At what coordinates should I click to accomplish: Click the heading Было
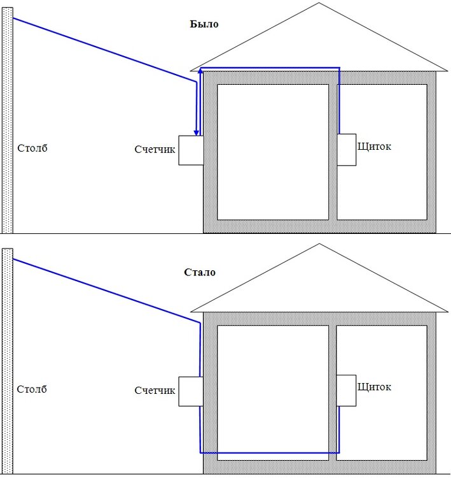click(x=204, y=24)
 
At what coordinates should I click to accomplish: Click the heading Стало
click(x=200, y=272)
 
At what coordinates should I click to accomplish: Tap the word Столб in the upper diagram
click(x=32, y=148)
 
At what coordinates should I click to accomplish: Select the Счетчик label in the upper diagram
click(x=155, y=149)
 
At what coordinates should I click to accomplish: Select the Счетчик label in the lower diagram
click(x=155, y=390)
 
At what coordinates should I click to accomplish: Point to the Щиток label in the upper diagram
click(x=375, y=147)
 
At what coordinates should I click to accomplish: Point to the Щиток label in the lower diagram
click(x=375, y=387)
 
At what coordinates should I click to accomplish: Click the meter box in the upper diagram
click(x=190, y=150)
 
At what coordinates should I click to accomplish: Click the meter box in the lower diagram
click(x=190, y=391)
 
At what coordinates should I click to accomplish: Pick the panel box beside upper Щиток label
click(x=347, y=149)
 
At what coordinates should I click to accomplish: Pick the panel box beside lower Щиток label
click(x=347, y=389)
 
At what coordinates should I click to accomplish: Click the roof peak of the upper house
click(x=319, y=3)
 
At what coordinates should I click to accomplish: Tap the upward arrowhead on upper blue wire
click(x=201, y=71)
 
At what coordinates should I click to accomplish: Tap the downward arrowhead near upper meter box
click(x=197, y=133)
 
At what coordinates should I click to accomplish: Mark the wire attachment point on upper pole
click(x=13, y=18)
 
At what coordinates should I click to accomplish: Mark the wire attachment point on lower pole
click(x=13, y=259)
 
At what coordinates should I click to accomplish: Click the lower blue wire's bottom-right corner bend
click(x=338, y=453)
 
